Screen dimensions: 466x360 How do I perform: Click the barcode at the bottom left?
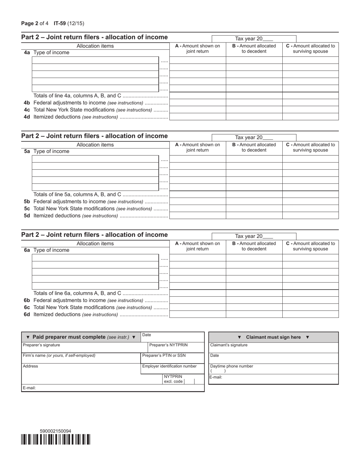(x=56, y=439)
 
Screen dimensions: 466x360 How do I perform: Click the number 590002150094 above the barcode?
(x=55, y=431)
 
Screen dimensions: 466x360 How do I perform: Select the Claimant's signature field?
(x=273, y=348)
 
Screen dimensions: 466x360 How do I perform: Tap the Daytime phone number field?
(x=273, y=369)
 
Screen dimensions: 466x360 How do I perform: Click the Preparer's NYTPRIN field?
(x=175, y=347)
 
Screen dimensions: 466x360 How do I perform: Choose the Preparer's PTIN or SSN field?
(x=172, y=358)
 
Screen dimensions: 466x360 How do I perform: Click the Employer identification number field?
(x=172, y=369)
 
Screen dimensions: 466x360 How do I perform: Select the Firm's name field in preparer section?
(x=81, y=358)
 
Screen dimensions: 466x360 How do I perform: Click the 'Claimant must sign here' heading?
(x=273, y=337)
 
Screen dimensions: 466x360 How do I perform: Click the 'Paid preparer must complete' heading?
(x=81, y=337)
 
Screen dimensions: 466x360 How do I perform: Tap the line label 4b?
(x=27, y=103)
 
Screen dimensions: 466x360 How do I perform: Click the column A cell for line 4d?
(x=197, y=117)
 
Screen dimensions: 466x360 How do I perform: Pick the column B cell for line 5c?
(x=254, y=208)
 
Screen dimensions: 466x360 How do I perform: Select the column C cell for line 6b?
(x=310, y=300)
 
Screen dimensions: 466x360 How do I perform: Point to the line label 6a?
(x=27, y=250)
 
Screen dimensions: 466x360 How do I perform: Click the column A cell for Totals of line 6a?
(x=197, y=293)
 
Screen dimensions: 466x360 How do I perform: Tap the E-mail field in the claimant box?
(x=273, y=379)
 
